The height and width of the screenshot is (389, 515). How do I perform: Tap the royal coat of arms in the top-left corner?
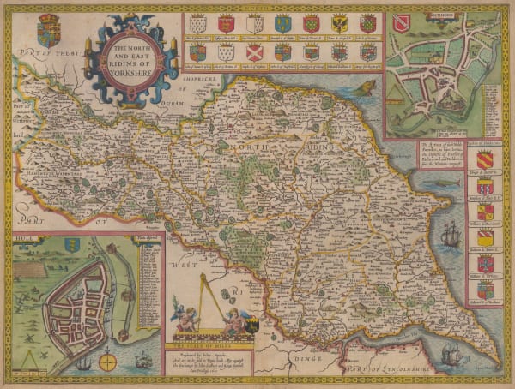pos(49,32)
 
